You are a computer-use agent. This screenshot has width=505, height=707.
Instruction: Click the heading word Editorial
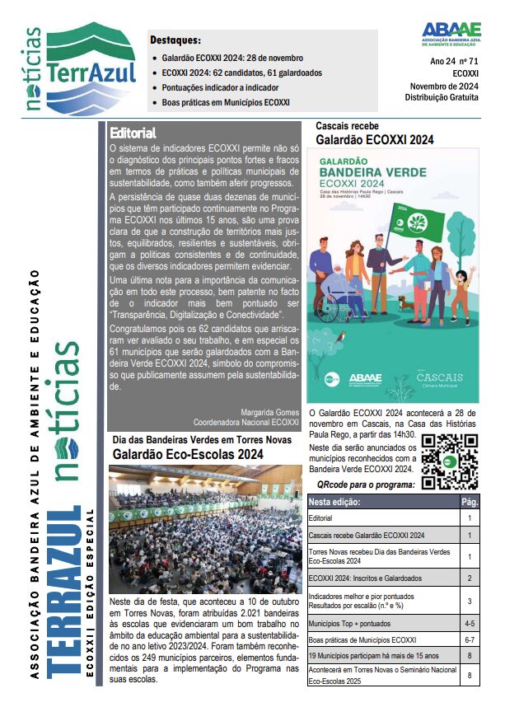132,132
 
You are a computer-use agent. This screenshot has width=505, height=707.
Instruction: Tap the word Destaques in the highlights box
175,40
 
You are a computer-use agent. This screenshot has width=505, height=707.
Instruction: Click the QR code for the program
449,461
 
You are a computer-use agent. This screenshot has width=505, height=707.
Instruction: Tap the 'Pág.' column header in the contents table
470,501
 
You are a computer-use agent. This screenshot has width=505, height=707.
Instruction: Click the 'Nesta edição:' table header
335,501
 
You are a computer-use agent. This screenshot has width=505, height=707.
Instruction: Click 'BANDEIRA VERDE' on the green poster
372,172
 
